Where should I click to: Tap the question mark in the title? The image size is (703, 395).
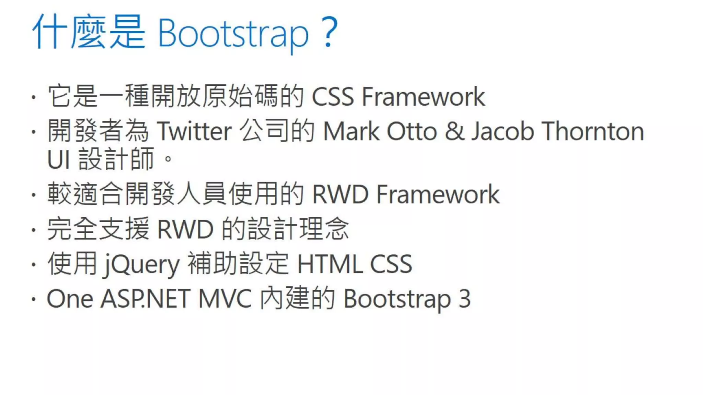330,33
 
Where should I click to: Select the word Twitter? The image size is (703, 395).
194,132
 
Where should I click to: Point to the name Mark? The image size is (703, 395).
351,132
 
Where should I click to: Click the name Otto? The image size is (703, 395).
412,132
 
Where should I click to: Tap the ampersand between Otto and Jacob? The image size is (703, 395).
454,132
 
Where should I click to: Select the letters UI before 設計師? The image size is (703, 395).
59,160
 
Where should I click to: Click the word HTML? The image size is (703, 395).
330,264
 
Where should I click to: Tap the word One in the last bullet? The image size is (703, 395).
70,299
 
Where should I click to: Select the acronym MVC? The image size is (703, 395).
225,299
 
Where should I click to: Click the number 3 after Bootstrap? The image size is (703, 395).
464,299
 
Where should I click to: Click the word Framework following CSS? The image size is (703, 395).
423,97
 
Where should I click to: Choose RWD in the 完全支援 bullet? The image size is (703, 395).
185,229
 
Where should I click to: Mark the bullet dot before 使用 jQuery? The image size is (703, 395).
33,265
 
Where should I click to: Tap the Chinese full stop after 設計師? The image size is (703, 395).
168,159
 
